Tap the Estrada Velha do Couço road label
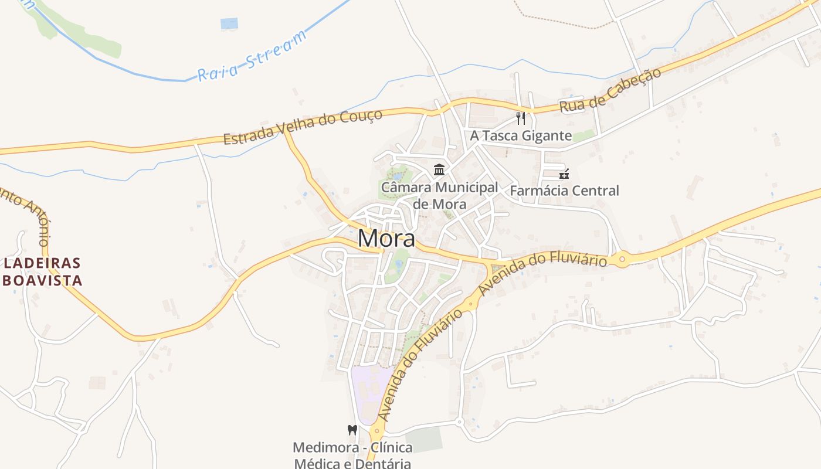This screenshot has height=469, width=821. coord(303,126)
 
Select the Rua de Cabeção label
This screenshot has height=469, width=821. coord(610,90)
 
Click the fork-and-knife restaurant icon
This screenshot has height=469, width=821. coord(521,118)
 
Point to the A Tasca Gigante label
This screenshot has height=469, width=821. coord(521,136)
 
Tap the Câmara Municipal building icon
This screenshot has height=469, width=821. coord(439,171)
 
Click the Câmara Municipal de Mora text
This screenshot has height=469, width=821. coord(440,196)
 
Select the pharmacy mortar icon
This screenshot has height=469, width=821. coord(564,174)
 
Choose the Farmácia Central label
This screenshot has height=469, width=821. coord(564,191)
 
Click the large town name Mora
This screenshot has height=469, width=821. coord(386,239)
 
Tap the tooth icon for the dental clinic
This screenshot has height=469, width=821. coord(352,430)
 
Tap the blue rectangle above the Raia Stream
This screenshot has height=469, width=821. coord(229,24)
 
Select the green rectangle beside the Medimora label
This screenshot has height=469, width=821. coord(424,439)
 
